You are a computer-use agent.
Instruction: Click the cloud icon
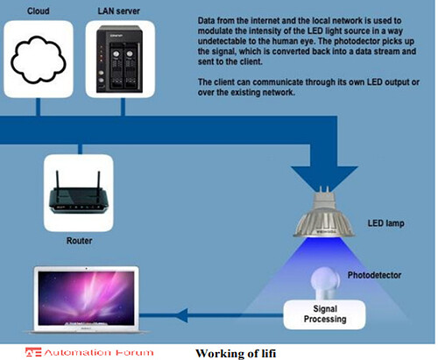[39, 60]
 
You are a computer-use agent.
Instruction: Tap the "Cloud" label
[39, 11]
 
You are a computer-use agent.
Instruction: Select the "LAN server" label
[119, 11]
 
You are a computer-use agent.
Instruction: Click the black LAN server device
[119, 60]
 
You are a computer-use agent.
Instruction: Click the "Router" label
[80, 241]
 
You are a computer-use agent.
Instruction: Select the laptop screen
[87, 298]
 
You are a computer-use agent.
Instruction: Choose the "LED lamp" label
[385, 223]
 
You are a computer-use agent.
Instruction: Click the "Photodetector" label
[374, 275]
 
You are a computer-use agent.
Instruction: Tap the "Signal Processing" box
[324, 314]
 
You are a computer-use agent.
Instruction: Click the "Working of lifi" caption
[236, 353]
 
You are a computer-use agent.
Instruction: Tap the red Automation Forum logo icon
[32, 352]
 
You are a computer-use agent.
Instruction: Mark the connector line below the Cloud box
[38, 107]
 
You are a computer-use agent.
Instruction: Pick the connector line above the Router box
[80, 149]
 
